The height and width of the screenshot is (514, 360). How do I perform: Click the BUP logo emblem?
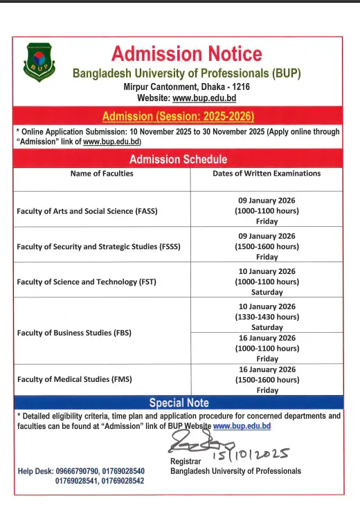point(38,62)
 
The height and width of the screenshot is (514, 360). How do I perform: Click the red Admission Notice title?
point(187,53)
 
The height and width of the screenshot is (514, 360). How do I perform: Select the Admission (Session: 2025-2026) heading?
point(179,116)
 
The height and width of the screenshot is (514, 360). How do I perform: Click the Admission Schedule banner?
point(179,160)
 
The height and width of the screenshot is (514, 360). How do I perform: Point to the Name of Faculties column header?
point(102,174)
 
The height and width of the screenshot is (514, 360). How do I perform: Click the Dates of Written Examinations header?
point(267,174)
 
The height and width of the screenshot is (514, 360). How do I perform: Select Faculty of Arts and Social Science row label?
point(87,211)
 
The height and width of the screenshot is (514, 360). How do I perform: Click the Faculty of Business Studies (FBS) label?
point(74,333)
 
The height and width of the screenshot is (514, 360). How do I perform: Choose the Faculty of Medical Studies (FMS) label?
point(74,379)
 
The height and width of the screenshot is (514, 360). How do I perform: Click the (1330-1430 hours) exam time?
point(267,317)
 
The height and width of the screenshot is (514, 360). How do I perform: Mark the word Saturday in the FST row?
point(267,292)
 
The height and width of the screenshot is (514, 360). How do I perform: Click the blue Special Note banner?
point(179,403)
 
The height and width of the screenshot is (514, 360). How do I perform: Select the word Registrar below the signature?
point(186,461)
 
